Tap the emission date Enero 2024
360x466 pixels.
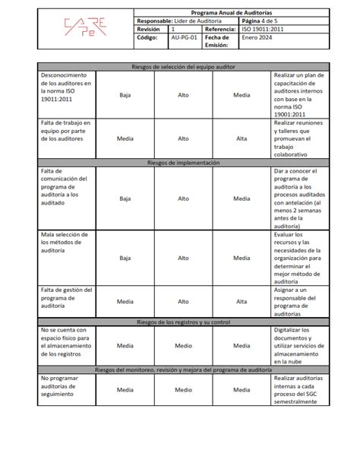257,36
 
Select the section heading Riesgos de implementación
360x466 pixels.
183,163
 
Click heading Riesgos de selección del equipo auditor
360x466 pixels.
183,67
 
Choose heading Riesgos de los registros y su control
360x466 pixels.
183,322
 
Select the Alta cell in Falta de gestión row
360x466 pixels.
242,301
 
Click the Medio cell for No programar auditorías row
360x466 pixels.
183,389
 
